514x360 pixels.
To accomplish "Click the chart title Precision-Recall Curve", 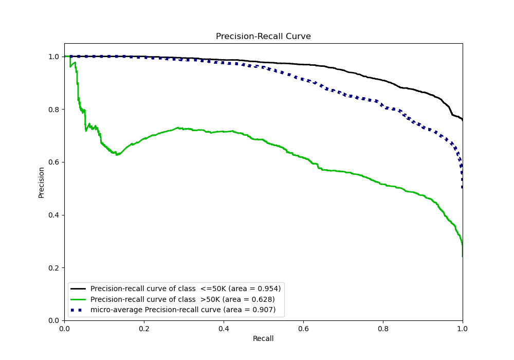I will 263,37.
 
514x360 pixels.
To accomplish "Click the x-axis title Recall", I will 263,338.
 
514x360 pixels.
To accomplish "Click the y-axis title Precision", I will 42,182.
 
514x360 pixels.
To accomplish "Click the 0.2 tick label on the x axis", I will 144,328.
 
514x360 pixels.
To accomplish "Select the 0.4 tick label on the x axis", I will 224,328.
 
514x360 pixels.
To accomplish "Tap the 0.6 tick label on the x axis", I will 303,328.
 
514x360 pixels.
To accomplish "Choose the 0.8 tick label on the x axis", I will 383,328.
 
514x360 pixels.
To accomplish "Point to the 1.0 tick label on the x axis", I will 462,328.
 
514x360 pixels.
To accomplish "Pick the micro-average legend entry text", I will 183,310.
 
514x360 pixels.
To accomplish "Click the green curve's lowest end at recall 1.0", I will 462,256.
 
